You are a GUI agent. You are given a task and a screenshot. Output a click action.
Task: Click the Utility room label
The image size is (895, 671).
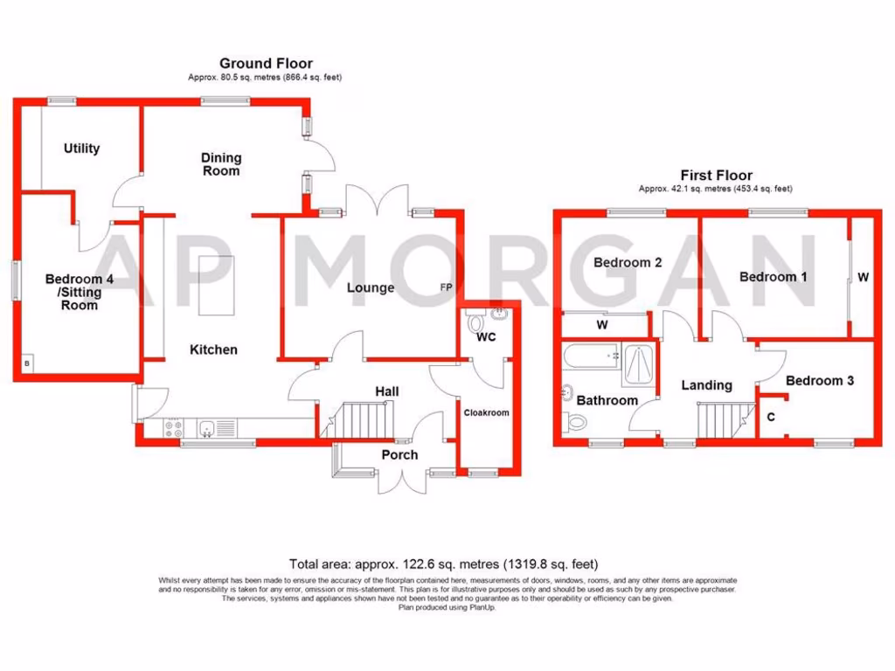pos(81,149)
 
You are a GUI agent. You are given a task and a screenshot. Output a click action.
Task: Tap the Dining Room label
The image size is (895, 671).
pos(221,164)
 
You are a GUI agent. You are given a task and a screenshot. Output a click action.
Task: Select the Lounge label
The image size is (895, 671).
pos(371,287)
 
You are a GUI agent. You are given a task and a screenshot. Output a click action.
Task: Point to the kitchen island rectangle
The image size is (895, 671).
pos(211,287)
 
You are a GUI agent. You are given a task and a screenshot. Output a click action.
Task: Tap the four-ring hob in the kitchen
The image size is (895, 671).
pos(171,428)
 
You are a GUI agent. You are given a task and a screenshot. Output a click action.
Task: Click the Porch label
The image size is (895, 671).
pos(399,454)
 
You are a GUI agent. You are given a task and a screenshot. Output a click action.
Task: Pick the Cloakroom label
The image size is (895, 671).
pos(486,412)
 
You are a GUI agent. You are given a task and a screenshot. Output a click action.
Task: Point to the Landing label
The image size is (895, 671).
pos(706,385)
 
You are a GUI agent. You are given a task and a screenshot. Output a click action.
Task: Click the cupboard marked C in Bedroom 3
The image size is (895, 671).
pos(770,418)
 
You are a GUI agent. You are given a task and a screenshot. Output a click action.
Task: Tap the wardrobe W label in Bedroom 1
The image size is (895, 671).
pos(863,278)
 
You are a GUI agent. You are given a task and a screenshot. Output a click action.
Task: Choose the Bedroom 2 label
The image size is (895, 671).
pos(628,262)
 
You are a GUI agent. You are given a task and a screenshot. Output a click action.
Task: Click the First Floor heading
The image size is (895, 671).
pos(717,176)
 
